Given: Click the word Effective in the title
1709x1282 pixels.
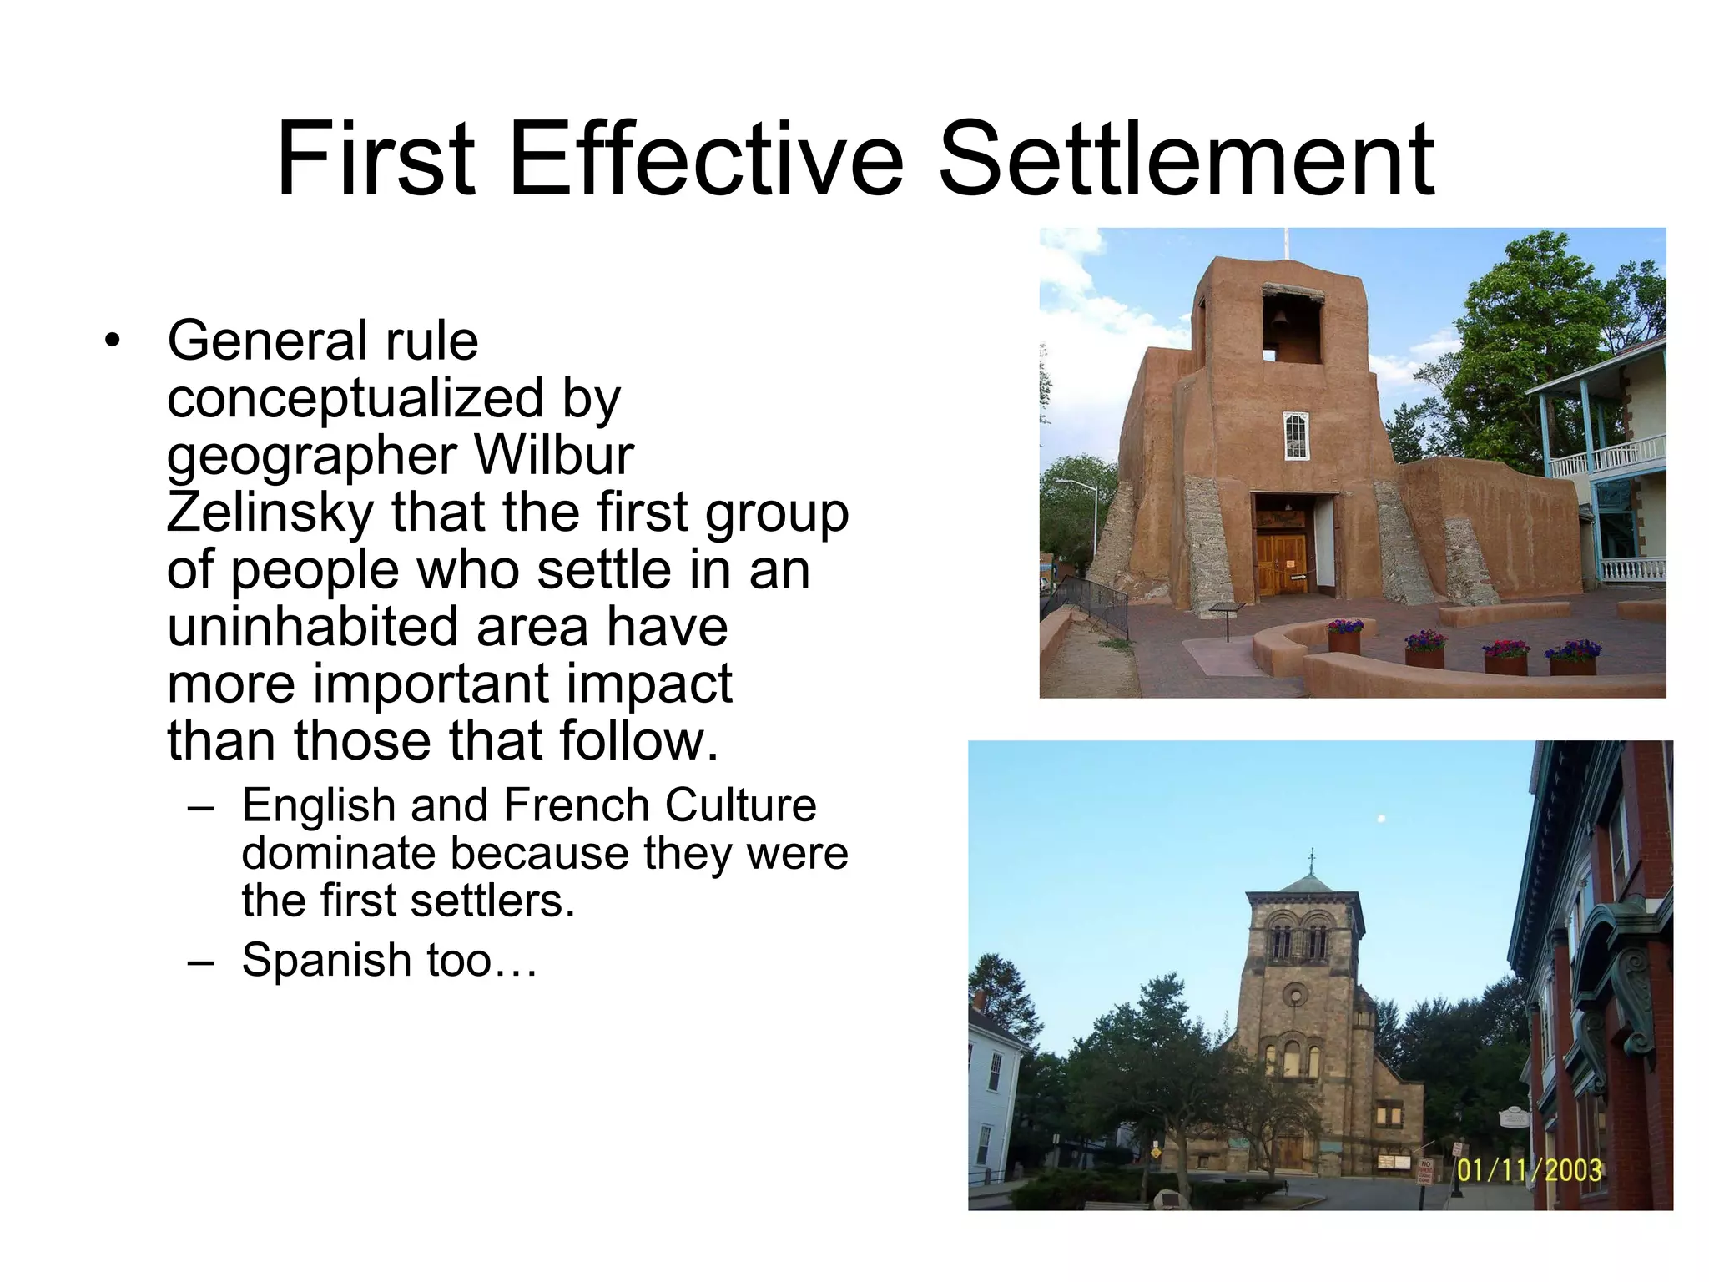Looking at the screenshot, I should (x=706, y=160).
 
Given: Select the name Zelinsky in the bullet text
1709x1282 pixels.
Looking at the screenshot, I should (x=270, y=512).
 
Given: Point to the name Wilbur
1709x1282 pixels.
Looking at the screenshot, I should (x=554, y=456).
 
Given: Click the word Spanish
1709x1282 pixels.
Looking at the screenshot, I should (x=325, y=960).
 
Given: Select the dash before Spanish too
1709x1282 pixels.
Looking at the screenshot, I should (x=201, y=961).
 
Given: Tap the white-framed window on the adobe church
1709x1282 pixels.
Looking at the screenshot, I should (x=1295, y=434).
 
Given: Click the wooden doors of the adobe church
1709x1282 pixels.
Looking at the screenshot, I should (x=1281, y=563).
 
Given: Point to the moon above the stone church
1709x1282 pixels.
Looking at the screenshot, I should (x=1383, y=818).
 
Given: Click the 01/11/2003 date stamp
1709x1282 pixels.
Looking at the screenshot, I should (x=1529, y=1169).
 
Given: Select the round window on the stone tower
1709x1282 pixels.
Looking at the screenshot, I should (x=1294, y=994).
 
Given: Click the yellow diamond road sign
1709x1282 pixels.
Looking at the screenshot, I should (x=1155, y=1152).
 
